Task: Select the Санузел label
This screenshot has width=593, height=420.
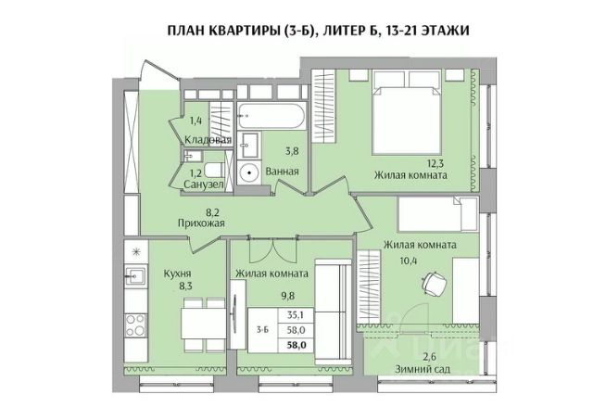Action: [203, 185]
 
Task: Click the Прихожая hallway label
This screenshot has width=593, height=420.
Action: [199, 223]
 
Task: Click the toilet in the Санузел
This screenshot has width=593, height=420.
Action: [212, 170]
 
